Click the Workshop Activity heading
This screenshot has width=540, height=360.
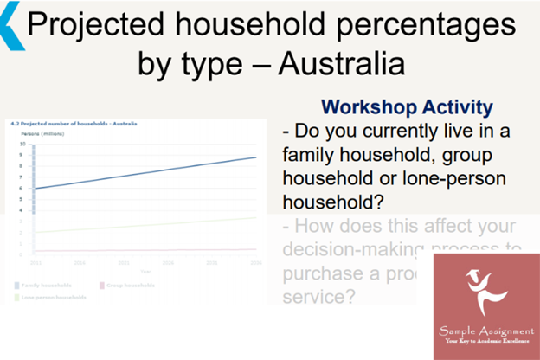click(407, 108)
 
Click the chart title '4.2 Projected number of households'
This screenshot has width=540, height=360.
click(66, 125)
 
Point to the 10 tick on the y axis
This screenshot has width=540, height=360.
click(22, 145)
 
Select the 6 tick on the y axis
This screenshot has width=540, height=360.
click(22, 188)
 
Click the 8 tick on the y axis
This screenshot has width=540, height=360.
click(22, 166)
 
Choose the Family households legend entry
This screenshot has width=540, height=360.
click(48, 285)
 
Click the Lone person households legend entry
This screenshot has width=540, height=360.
click(54, 297)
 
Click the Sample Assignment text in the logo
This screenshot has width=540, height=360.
click(485, 331)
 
